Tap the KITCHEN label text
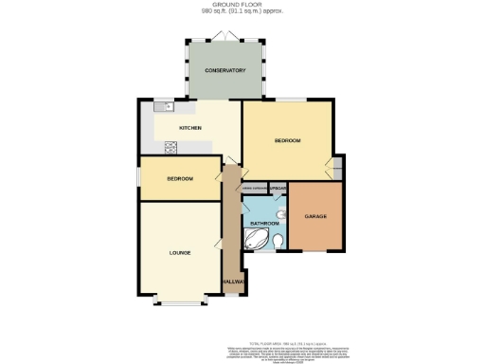pos(191,128)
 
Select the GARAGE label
pos(315,217)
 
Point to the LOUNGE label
pos(180,253)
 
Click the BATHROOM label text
pos(264,224)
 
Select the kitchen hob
pos(171,146)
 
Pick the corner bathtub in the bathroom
pos(258,242)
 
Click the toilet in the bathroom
pos(278,243)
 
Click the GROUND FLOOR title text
pos(242,5)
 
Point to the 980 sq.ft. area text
pos(242,12)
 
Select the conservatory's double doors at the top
pos(224,35)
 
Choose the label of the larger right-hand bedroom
pos(287,140)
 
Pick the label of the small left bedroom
pos(180,179)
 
